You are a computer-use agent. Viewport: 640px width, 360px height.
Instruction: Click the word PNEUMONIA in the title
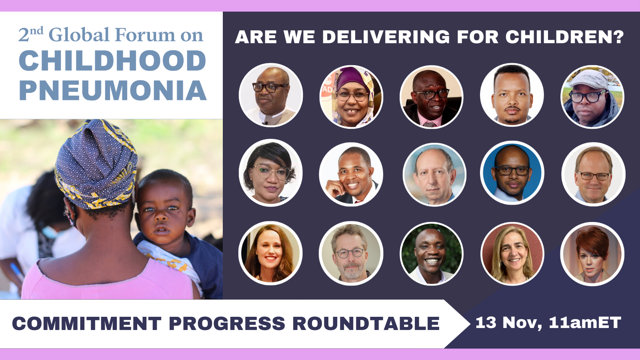(112, 90)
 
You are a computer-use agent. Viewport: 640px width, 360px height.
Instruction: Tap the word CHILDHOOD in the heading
(112, 60)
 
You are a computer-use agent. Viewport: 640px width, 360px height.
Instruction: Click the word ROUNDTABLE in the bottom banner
(366, 323)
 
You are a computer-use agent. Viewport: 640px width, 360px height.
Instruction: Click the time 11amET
(585, 322)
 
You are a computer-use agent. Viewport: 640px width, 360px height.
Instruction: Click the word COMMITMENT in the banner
(86, 323)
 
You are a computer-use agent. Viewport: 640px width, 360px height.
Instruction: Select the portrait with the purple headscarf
(351, 96)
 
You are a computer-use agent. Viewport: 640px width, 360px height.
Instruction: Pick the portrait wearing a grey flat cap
(592, 96)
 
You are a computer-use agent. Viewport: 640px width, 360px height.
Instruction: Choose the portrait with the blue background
(512, 173)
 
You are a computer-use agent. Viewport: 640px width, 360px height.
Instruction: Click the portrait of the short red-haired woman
(592, 254)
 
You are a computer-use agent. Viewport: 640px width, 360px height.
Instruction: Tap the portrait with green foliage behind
(432, 254)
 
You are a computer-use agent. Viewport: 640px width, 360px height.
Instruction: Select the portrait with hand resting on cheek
(351, 174)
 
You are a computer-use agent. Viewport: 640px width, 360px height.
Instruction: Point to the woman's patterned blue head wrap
(96, 164)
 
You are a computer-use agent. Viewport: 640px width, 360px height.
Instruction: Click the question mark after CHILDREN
(618, 37)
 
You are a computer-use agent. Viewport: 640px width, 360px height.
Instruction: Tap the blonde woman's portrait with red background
(512, 254)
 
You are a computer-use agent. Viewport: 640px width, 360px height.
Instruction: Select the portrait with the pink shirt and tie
(432, 96)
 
